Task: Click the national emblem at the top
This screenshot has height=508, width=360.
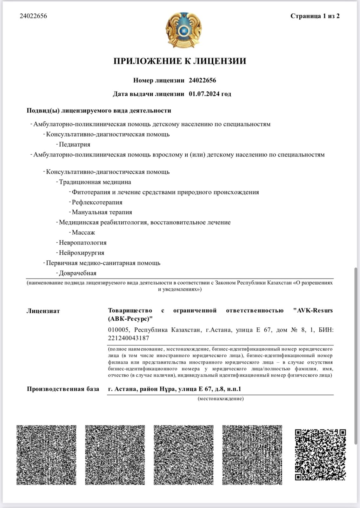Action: (x=180, y=30)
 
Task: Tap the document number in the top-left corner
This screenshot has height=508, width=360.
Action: (x=33, y=16)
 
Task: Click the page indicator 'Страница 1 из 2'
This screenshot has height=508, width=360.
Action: (x=315, y=16)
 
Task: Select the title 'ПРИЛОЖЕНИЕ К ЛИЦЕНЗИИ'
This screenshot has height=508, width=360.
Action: (x=180, y=61)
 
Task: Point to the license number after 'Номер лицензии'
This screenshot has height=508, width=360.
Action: (x=202, y=80)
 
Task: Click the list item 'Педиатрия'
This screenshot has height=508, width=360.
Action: (x=75, y=144)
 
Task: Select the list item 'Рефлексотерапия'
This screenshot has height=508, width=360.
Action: (x=97, y=202)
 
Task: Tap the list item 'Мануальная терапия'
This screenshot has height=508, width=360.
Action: (x=102, y=212)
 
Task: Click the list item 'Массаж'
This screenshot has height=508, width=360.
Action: (x=83, y=232)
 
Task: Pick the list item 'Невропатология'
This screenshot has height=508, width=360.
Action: (x=83, y=243)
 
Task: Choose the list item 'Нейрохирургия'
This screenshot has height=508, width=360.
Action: (x=82, y=253)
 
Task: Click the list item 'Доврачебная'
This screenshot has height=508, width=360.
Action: (x=78, y=273)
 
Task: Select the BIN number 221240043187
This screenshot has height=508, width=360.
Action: (x=129, y=338)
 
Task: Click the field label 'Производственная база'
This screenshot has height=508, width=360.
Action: (x=63, y=389)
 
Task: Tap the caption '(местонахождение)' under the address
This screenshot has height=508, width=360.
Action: (x=221, y=398)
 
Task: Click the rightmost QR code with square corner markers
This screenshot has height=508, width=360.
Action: (x=320, y=455)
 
